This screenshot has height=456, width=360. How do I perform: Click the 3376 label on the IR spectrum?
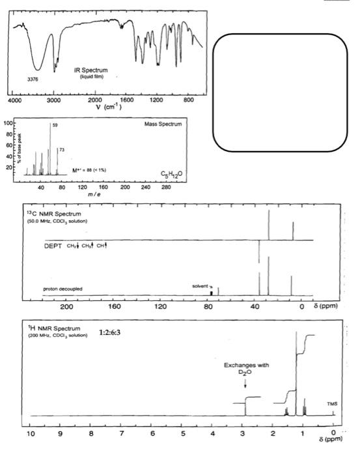pyautogui.click(x=33, y=79)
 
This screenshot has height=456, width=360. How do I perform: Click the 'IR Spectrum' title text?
pyautogui.click(x=91, y=70)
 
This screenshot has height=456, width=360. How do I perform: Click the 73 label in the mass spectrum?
pyautogui.click(x=62, y=150)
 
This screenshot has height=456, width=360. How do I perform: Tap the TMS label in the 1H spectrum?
pyautogui.click(x=333, y=403)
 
